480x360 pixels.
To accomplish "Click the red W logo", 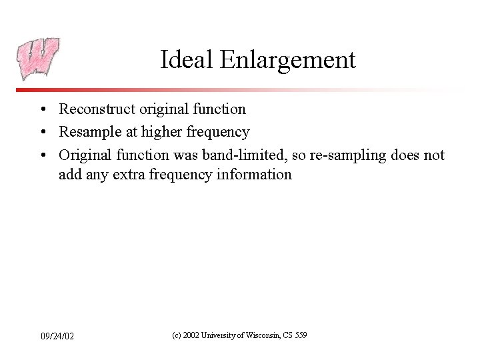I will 38,59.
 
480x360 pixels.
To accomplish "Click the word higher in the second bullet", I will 161,132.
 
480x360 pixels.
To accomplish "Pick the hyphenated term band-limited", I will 233,155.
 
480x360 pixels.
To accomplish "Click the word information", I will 255,175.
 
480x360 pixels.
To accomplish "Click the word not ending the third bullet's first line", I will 434,155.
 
